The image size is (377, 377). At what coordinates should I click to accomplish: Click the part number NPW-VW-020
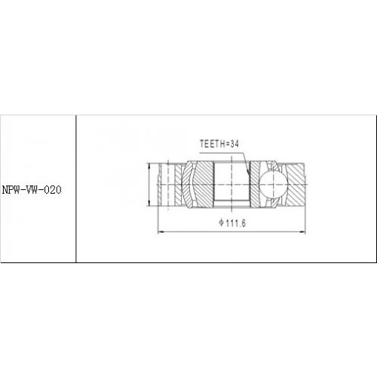click(31, 188)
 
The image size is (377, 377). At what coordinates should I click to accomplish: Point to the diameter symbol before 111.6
click(222, 223)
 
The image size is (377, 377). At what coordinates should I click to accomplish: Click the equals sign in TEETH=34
click(227, 143)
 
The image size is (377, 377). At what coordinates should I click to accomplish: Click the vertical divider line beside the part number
click(76, 188)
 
